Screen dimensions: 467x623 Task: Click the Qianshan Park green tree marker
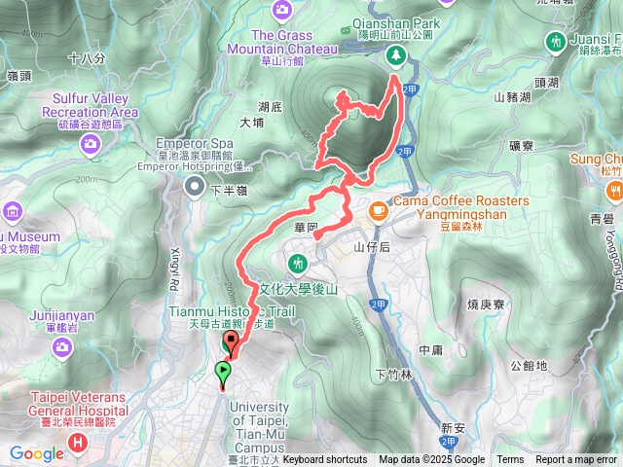(396, 55)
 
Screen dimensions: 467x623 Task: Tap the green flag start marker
(224, 371)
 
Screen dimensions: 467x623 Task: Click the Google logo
(37, 453)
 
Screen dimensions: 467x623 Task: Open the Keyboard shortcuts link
(325, 460)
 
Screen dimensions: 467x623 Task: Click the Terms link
(510, 460)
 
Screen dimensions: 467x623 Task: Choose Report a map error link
(576, 460)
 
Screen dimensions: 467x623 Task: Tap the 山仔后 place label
(372, 248)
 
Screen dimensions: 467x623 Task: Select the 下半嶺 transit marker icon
(195, 188)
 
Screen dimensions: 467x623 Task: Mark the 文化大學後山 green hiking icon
(298, 263)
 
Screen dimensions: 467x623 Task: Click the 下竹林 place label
(393, 376)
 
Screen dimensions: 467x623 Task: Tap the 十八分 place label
(87, 58)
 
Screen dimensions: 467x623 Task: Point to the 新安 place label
(454, 427)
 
